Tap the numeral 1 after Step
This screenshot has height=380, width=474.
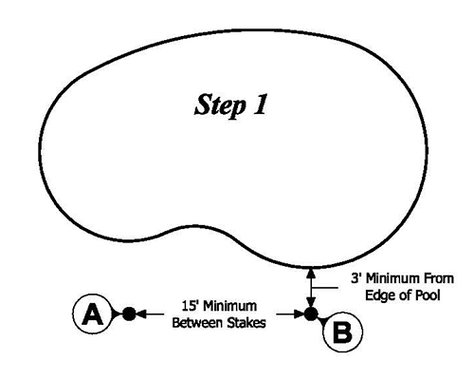click(x=259, y=104)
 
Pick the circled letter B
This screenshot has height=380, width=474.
click(x=343, y=332)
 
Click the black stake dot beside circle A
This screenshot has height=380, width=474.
click(x=130, y=312)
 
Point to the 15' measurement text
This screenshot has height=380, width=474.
click(x=187, y=306)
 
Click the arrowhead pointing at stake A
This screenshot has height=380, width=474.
click(x=144, y=312)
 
